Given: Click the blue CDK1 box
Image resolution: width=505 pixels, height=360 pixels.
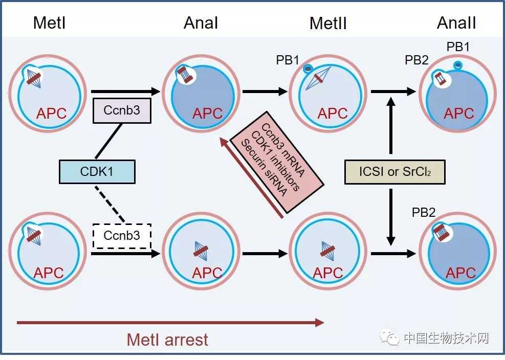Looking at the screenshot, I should coord(97,171).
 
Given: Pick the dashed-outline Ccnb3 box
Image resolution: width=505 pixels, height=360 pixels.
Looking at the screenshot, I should coord(122,236).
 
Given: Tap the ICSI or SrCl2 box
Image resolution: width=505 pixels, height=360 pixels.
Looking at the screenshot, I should coord(394,172).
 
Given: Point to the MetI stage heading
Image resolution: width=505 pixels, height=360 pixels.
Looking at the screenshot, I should coord(50,22).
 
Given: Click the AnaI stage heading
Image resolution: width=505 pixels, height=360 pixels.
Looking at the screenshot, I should coord(201,23).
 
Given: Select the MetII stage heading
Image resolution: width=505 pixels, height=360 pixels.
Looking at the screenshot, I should coord(328,23).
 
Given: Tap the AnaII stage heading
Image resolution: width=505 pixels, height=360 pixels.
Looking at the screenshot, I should coord(456,23).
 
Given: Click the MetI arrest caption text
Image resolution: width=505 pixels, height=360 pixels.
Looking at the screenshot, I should coord(167,340).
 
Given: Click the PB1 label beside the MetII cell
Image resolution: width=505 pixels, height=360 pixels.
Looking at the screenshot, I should coord(288,60).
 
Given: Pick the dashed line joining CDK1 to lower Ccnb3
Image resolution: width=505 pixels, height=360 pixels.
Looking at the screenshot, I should coord(110,204).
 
